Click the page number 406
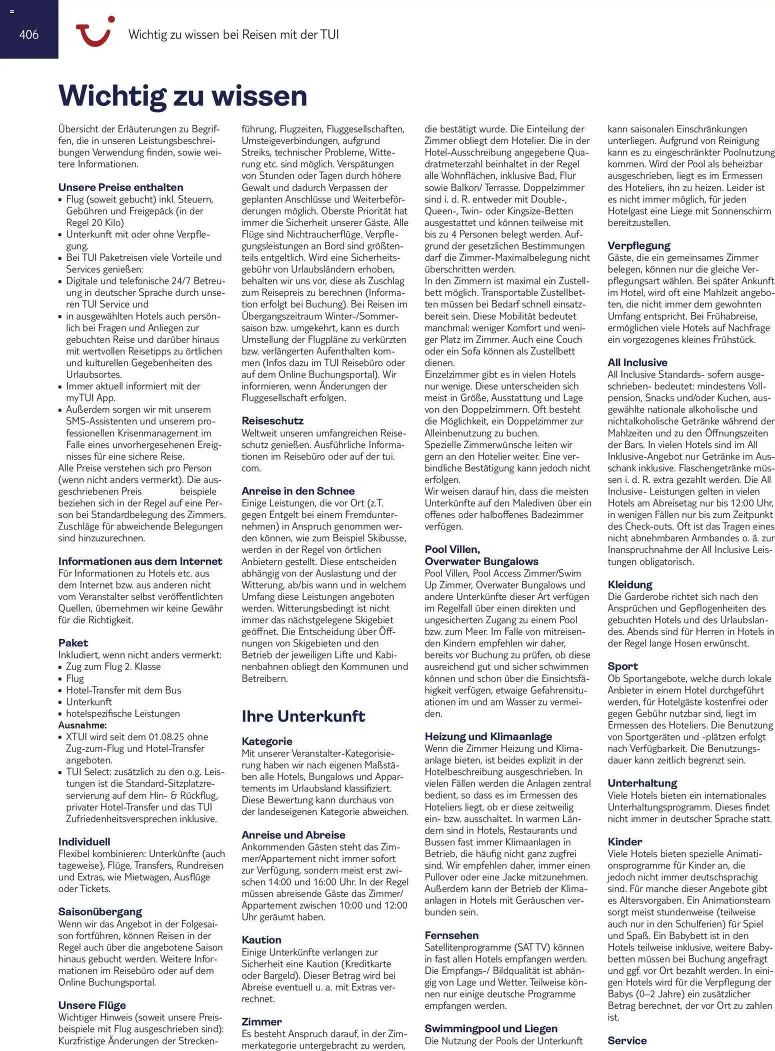pyautogui.click(x=29, y=34)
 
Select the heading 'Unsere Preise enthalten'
pyautogui.click(x=120, y=187)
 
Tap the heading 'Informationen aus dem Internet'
pyautogui.click(x=140, y=561)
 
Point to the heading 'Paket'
pyautogui.click(x=73, y=642)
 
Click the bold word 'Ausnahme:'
pyautogui.click(x=82, y=725)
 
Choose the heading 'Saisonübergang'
pyautogui.click(x=100, y=911)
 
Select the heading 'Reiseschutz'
pyautogui.click(x=272, y=420)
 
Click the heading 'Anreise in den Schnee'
pyautogui.click(x=298, y=491)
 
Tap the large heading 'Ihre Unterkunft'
pyautogui.click(x=303, y=716)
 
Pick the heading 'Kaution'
pyautogui.click(x=261, y=939)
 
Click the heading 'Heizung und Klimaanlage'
pyautogui.click(x=488, y=736)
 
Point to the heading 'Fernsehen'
pyautogui.click(x=451, y=935)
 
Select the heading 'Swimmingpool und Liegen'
pyautogui.click(x=491, y=1028)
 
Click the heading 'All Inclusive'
pyautogui.click(x=637, y=362)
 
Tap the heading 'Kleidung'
pyautogui.click(x=629, y=584)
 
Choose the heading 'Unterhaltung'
pyautogui.click(x=642, y=783)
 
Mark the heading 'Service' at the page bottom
pyautogui.click(x=627, y=1040)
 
